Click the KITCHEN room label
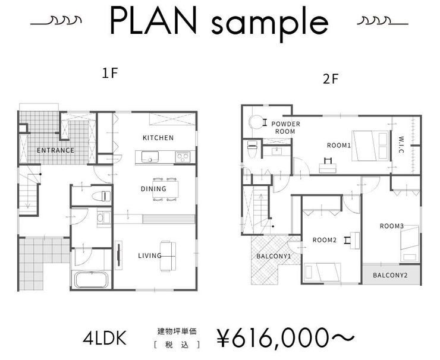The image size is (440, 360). (x=158, y=138)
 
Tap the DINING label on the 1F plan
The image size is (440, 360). (x=153, y=189)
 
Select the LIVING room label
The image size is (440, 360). (x=150, y=256)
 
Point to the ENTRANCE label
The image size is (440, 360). (x=55, y=150)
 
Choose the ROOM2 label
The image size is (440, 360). (x=325, y=240)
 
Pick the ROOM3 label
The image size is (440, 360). (x=392, y=226)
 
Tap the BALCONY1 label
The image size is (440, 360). (x=274, y=257)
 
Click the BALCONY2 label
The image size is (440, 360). (x=390, y=275)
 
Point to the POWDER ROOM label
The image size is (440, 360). (x=285, y=127)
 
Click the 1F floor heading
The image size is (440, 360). (x=111, y=74)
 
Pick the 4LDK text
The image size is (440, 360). (x=105, y=339)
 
